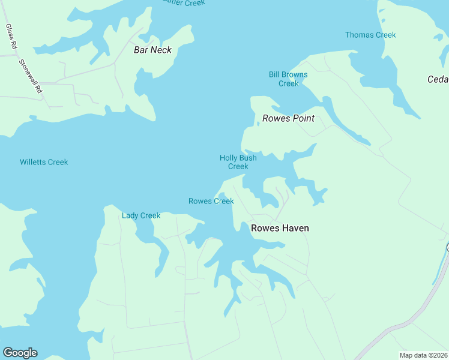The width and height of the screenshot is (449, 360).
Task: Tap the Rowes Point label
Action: tap(288, 118)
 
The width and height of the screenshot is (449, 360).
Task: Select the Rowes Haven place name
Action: tap(280, 228)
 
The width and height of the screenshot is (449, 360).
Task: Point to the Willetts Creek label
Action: tap(44, 162)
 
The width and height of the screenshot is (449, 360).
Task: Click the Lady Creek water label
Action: tap(141, 215)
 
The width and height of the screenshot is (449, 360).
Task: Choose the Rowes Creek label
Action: tap(211, 201)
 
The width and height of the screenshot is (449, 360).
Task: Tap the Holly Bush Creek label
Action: tap(238, 162)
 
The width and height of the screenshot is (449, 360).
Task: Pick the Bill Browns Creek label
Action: tap(288, 79)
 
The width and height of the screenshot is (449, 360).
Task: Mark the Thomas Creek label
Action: tap(370, 35)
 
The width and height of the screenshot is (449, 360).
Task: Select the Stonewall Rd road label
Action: tap(31, 76)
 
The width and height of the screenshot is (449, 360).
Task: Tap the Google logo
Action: tap(20, 353)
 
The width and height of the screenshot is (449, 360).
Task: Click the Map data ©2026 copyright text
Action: tap(423, 355)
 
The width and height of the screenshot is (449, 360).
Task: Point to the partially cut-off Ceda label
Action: tap(438, 79)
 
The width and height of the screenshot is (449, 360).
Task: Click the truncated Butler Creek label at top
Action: tap(184, 3)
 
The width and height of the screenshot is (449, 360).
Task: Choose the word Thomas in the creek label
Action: tap(358, 35)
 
